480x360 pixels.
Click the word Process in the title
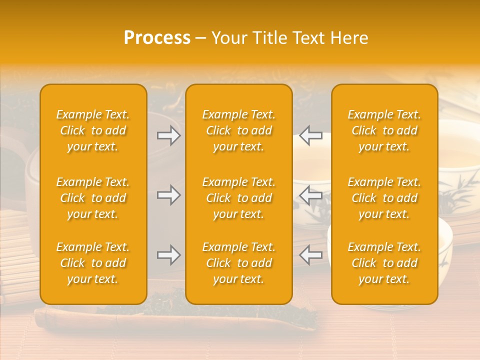(x=157, y=38)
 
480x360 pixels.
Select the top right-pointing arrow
(x=168, y=135)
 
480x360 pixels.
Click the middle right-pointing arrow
(x=168, y=195)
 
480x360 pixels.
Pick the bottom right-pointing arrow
(x=168, y=255)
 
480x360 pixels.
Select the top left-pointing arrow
(x=311, y=135)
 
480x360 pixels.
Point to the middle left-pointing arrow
(x=311, y=195)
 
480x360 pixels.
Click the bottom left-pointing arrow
(x=311, y=255)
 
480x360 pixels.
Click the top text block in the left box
(x=93, y=130)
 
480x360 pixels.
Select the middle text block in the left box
(x=93, y=198)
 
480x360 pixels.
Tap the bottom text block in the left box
(x=93, y=263)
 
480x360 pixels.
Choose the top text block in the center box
(x=239, y=130)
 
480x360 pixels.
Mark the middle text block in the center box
(x=239, y=198)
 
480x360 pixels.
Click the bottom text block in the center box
(x=239, y=263)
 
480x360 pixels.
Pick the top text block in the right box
(x=384, y=130)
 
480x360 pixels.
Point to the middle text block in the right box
(x=384, y=198)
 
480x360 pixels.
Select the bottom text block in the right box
(x=384, y=263)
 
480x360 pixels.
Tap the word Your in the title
(x=228, y=38)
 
